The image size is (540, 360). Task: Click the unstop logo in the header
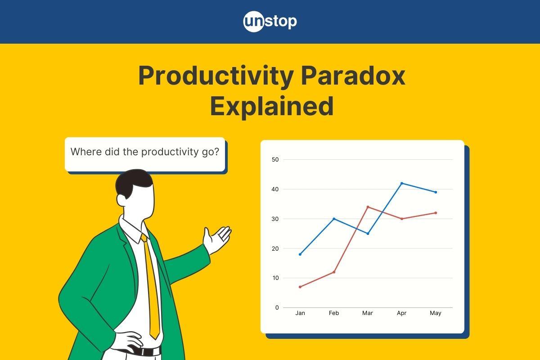pyautogui.click(x=270, y=22)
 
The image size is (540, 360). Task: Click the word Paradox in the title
pyautogui.click(x=353, y=76)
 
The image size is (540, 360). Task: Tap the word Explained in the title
pyautogui.click(x=272, y=106)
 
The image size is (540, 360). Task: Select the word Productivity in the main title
pyautogui.click(x=216, y=76)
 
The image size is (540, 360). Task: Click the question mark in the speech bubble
pyautogui.click(x=216, y=152)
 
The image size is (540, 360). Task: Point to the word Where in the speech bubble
pyautogui.click(x=86, y=152)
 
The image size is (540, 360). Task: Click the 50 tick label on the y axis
pyautogui.click(x=275, y=159)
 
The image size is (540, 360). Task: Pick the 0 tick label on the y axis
pyautogui.click(x=277, y=307)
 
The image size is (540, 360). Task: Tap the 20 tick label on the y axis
pyautogui.click(x=275, y=248)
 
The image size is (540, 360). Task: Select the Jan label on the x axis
pyautogui.click(x=300, y=313)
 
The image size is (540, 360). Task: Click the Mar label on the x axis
pyautogui.click(x=368, y=313)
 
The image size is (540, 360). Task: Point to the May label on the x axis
pyautogui.click(x=436, y=313)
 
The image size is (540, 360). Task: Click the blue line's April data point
pyautogui.click(x=401, y=183)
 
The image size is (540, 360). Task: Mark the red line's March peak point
pyautogui.click(x=368, y=207)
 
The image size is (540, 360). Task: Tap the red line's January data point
pyautogui.click(x=300, y=287)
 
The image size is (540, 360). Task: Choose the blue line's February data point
pyautogui.click(x=334, y=219)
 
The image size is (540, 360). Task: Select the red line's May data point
pyautogui.click(x=436, y=213)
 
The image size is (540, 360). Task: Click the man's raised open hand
pyautogui.click(x=216, y=239)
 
